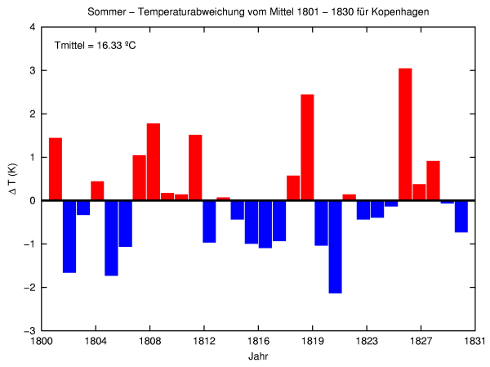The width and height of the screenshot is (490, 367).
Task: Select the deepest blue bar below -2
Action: point(335,246)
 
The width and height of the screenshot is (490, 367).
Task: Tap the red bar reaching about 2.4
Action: point(307,147)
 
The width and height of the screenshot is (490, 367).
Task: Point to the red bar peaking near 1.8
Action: point(154,162)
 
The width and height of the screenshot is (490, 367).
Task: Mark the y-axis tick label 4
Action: point(32,27)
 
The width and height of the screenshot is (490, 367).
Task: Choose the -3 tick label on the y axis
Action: point(29,331)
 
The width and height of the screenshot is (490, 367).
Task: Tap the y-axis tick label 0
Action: point(32,200)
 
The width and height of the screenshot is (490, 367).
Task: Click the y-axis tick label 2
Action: point(32,114)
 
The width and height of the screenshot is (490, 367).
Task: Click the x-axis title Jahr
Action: point(258,357)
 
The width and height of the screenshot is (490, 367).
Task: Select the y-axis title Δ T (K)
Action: point(11,180)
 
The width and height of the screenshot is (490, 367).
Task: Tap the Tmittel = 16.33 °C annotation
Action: point(95,45)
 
